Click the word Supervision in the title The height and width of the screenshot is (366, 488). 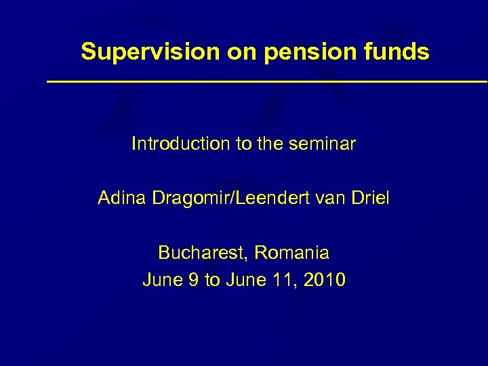pos(150,52)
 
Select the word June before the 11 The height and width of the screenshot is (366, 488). pos(251,280)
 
